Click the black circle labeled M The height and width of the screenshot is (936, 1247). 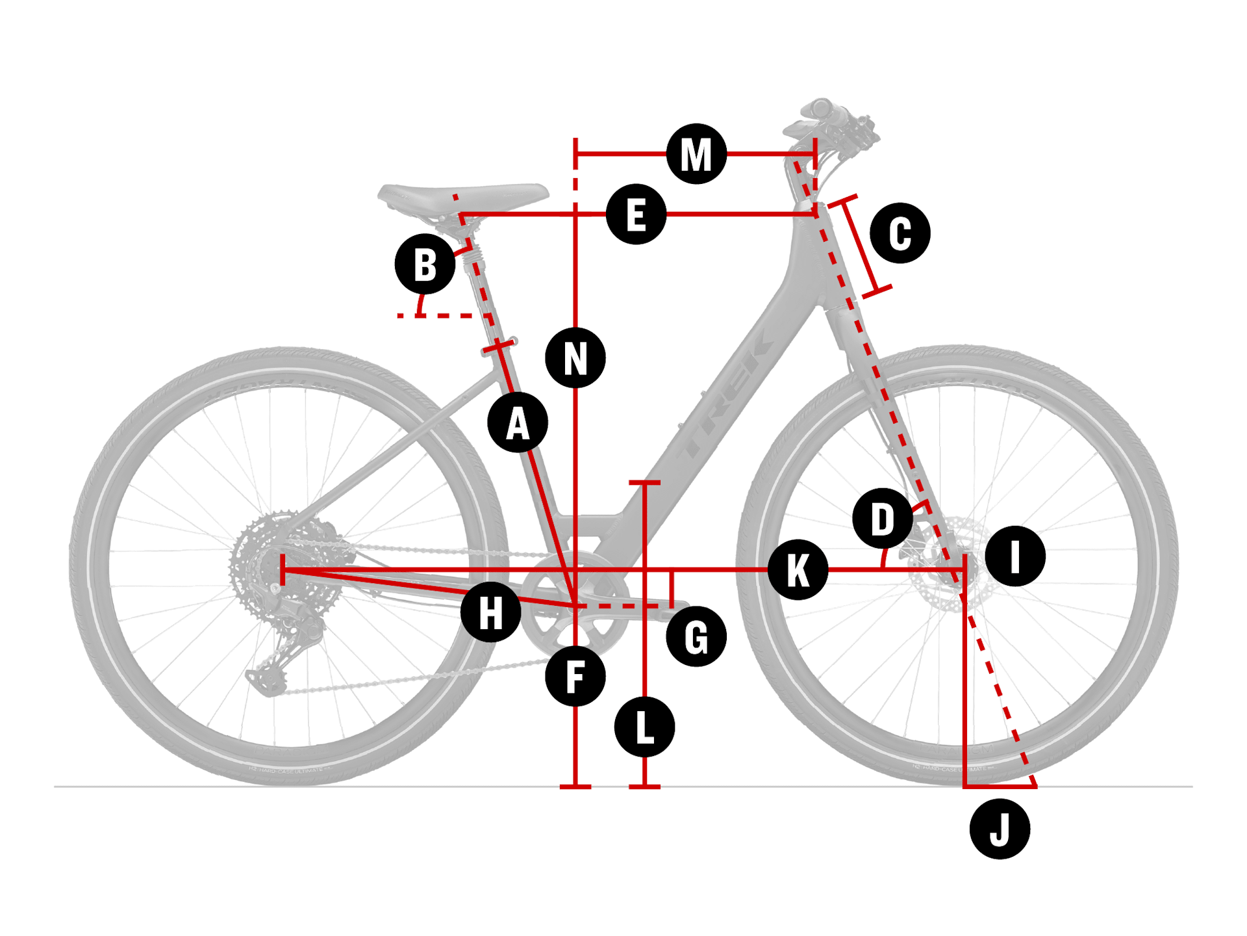[696, 154]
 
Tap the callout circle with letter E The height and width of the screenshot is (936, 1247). [636, 214]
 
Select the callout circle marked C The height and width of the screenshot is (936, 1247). [900, 233]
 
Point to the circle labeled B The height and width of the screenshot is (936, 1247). [425, 265]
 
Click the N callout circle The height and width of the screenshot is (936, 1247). [575, 358]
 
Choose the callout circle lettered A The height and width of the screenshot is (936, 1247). [518, 422]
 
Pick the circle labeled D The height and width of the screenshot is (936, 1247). [882, 519]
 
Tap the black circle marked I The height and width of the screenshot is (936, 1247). [1014, 556]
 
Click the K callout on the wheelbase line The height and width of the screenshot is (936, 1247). [798, 570]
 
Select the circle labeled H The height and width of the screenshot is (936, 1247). [490, 612]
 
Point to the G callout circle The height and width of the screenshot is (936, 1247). [696, 636]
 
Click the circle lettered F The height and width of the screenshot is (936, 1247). [575, 676]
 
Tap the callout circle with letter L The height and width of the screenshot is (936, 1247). [644, 727]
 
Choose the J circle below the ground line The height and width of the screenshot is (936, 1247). [1000, 829]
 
